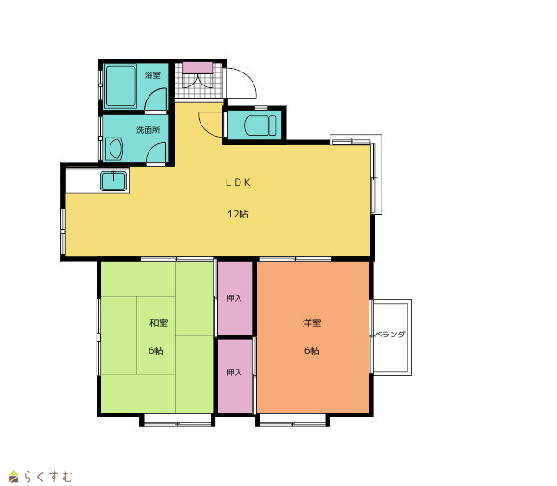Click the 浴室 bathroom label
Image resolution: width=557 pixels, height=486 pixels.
click(153, 75)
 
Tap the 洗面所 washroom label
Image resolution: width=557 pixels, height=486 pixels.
click(149, 130)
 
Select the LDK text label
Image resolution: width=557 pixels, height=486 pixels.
click(238, 183)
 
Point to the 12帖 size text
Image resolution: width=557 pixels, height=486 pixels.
click(238, 214)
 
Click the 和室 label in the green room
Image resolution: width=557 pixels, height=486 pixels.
click(159, 322)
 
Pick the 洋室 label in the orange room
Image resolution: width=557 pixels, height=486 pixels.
click(312, 322)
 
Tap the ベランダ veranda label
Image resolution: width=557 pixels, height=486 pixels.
click(389, 335)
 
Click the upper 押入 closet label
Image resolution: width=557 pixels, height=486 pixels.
click(234, 298)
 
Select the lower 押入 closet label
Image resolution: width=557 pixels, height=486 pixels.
click(234, 373)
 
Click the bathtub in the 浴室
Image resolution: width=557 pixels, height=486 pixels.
click(121, 86)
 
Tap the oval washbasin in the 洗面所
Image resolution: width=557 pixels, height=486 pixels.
click(116, 150)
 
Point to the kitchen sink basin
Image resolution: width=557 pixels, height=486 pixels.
click(113, 181)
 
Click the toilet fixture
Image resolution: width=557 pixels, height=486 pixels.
click(260, 125)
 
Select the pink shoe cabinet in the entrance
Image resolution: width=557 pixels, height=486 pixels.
click(198, 68)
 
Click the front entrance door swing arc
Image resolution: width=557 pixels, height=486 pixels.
click(250, 75)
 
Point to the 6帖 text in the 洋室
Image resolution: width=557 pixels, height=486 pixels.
click(312, 350)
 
